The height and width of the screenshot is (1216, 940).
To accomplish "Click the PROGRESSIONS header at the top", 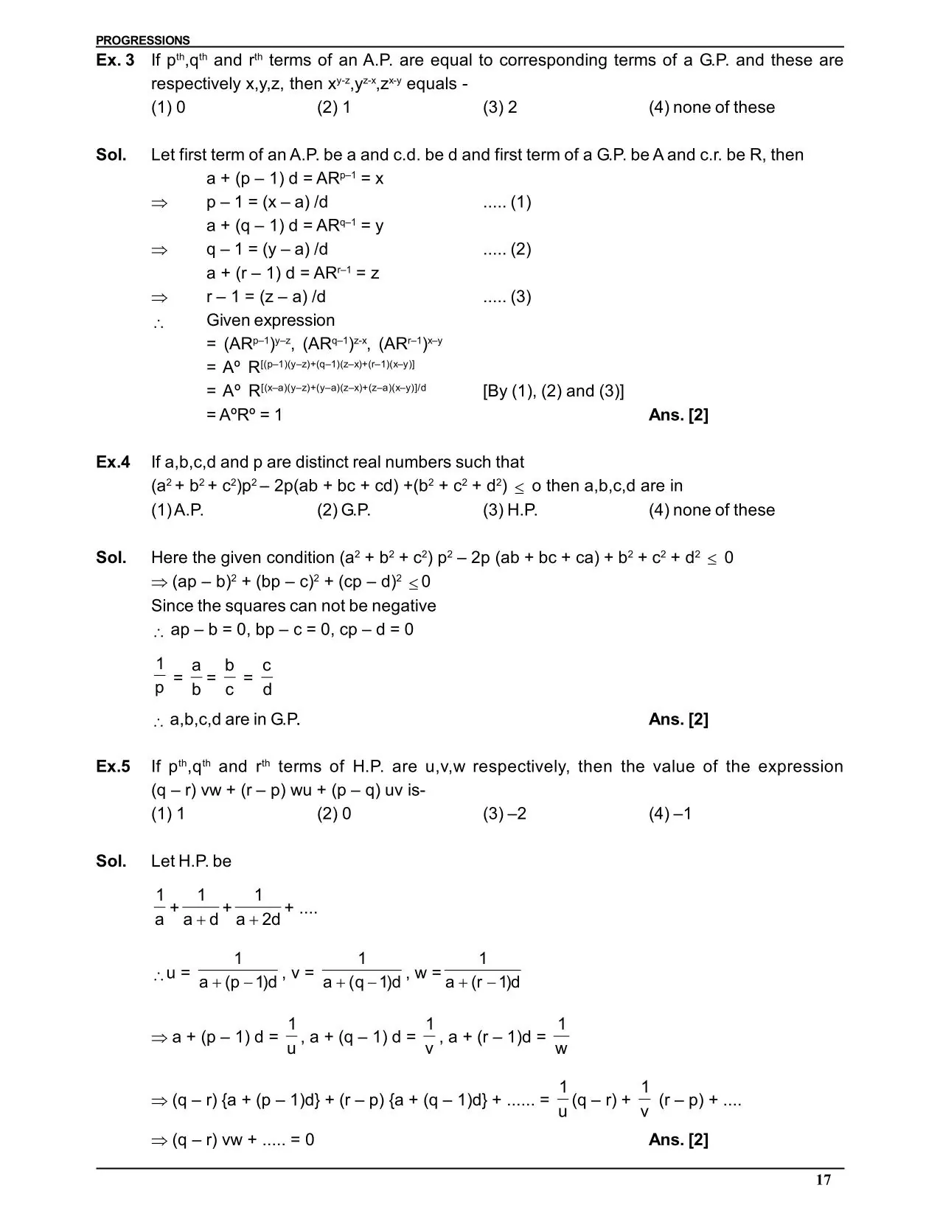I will [142, 41].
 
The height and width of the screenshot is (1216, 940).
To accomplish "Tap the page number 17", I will [824, 1181].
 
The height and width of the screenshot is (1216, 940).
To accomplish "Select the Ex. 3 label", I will [115, 60].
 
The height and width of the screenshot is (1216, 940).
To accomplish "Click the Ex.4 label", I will [113, 462].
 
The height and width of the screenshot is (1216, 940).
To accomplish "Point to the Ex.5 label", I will [113, 766].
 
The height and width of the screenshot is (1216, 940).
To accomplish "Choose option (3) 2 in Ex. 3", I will [500, 108].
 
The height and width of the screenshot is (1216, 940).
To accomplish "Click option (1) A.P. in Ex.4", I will [177, 510].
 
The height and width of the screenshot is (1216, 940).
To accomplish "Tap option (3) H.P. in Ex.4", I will [510, 510].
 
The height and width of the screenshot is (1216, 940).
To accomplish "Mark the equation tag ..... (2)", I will [506, 249].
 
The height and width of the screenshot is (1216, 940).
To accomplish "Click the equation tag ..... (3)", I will [506, 297].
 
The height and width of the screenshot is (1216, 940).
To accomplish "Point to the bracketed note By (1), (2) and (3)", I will [553, 391].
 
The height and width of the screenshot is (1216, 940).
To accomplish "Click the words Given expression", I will [271, 321].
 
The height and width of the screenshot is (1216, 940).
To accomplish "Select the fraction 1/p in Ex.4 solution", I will [160, 677].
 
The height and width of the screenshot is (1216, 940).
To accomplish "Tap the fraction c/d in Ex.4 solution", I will [267, 677].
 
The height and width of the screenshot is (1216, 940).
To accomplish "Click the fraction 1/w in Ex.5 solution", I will [561, 1035].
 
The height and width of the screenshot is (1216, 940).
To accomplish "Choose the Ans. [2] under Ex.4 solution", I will [678, 719].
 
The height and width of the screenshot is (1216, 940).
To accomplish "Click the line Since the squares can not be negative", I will [293, 606].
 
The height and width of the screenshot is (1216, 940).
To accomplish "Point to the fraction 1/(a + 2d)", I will [258, 908].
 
